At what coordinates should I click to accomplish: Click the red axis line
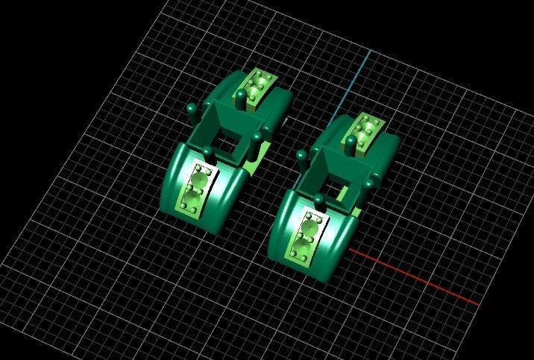click(x=418, y=280)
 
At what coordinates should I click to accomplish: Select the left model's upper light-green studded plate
click(x=257, y=86)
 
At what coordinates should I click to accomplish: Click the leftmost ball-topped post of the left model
click(x=192, y=113)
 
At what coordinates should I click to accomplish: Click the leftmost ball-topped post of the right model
click(x=301, y=156)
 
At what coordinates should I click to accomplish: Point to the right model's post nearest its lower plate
click(x=318, y=200)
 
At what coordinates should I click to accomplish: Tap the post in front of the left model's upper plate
click(x=241, y=97)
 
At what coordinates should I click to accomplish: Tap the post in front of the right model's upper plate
click(x=351, y=141)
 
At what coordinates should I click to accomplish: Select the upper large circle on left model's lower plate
click(x=199, y=179)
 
